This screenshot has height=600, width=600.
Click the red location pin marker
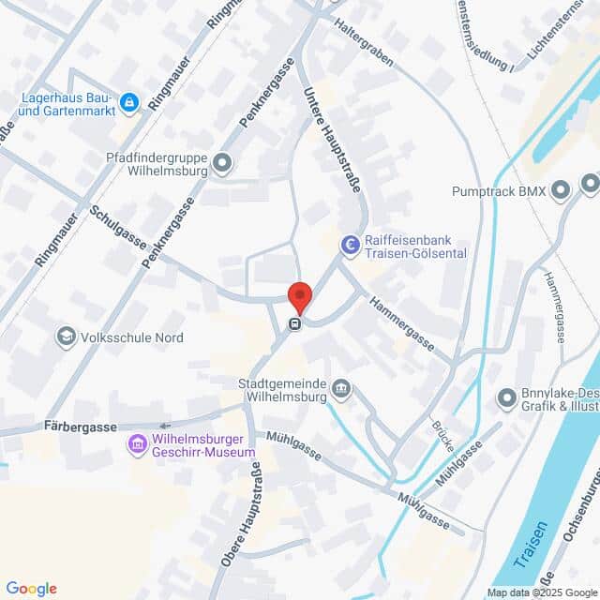coord(299,296)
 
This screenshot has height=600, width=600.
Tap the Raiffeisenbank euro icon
coord(350,246)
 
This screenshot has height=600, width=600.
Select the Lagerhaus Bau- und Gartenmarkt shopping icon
coord(128,102)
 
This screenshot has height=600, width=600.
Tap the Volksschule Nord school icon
coord(66,336)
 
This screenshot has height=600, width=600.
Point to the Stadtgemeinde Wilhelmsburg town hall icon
coord(341,389)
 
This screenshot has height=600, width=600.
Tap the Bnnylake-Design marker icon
coord(507,399)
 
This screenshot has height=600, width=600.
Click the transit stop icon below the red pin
coord(294,324)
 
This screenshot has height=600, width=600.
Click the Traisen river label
coord(533,548)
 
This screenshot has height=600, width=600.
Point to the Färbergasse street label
coord(80,427)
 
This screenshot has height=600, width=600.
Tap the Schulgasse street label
coord(118,228)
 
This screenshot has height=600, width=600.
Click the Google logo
coord(31,588)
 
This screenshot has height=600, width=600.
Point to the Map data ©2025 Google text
coord(541,592)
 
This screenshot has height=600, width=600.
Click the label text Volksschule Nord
coord(131,337)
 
